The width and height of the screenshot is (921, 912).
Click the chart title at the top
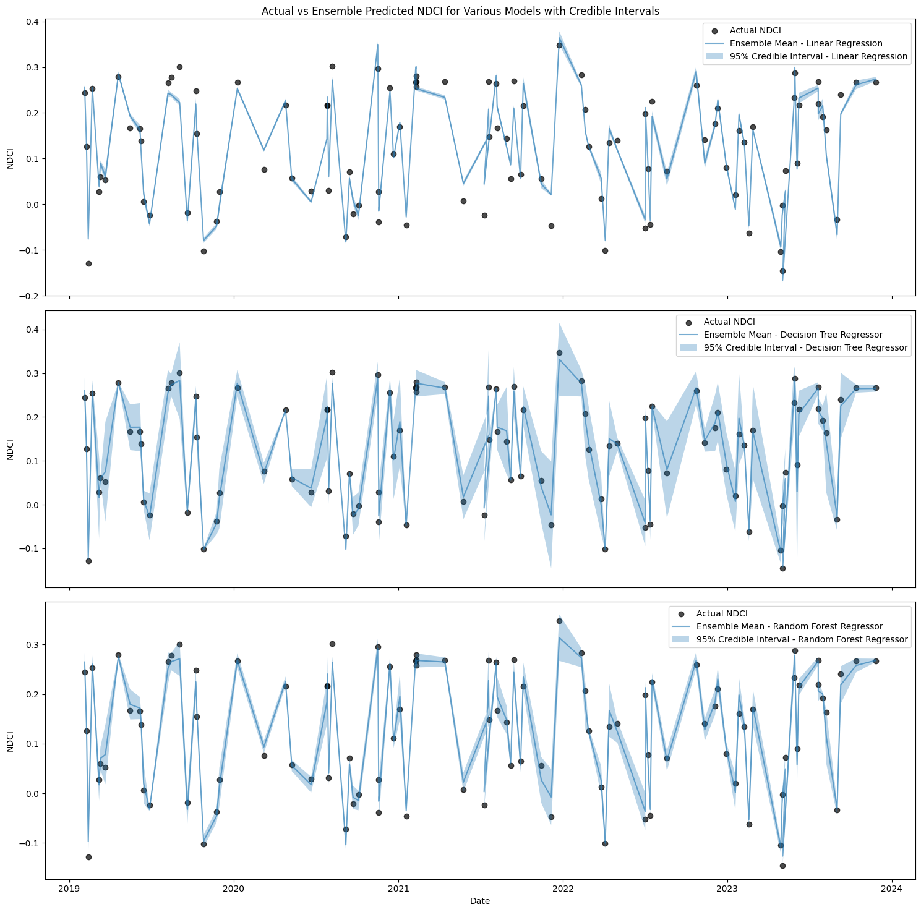tap(460, 11)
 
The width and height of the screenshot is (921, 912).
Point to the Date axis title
tap(480, 901)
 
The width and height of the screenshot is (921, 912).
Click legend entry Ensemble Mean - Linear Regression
tap(806, 43)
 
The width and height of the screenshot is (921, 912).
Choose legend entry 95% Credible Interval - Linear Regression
tap(818, 56)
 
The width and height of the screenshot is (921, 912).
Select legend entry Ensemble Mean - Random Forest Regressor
tap(789, 626)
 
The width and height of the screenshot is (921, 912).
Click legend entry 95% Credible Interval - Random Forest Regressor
tap(802, 639)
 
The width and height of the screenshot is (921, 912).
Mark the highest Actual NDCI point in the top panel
tap(559, 45)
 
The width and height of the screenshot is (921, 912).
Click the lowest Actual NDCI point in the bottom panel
tap(782, 866)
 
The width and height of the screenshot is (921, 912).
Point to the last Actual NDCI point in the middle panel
tap(876, 388)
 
